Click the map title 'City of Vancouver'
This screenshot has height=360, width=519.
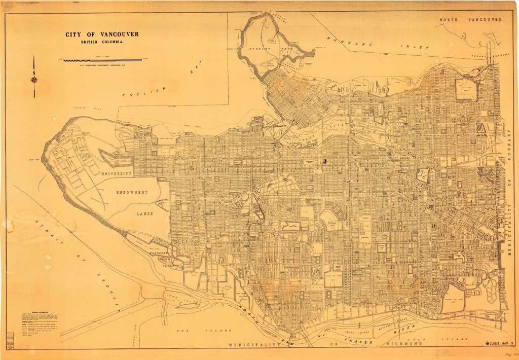(x=102, y=35)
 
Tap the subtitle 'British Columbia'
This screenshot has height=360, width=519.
(x=102, y=42)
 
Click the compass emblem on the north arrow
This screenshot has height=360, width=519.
(x=34, y=79)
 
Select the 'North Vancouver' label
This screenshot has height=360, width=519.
(x=470, y=19)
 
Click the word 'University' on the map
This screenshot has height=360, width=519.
(x=116, y=174)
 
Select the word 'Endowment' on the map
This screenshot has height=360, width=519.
(x=130, y=193)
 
